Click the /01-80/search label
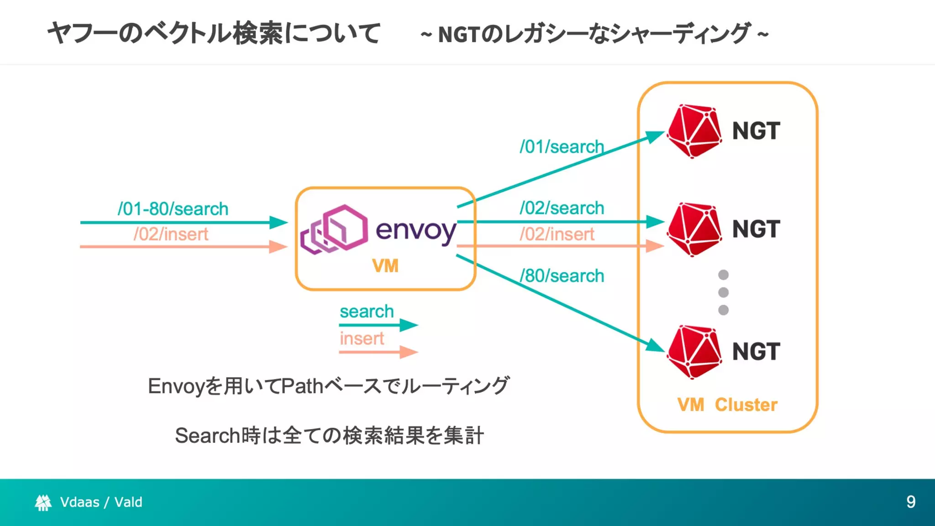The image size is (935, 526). (x=173, y=209)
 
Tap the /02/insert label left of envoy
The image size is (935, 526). (x=171, y=234)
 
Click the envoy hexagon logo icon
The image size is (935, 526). (x=334, y=229)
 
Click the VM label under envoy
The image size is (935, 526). (x=385, y=266)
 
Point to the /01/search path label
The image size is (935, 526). (x=562, y=147)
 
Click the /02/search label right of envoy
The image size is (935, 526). (x=562, y=208)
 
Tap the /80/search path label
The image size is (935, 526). (x=562, y=276)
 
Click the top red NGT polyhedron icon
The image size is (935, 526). (x=694, y=131)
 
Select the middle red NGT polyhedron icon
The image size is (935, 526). (x=694, y=229)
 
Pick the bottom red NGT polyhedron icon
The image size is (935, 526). (x=694, y=352)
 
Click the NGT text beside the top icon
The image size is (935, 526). (x=756, y=131)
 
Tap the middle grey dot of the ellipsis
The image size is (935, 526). (x=723, y=292)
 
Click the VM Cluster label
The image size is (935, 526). (x=727, y=405)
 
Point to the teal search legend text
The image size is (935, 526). (x=367, y=311)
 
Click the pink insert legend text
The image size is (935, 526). (x=362, y=338)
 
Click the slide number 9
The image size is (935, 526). (x=910, y=502)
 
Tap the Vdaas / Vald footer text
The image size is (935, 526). (x=101, y=502)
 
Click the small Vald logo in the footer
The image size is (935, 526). (x=43, y=502)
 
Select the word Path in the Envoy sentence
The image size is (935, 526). (x=302, y=386)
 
